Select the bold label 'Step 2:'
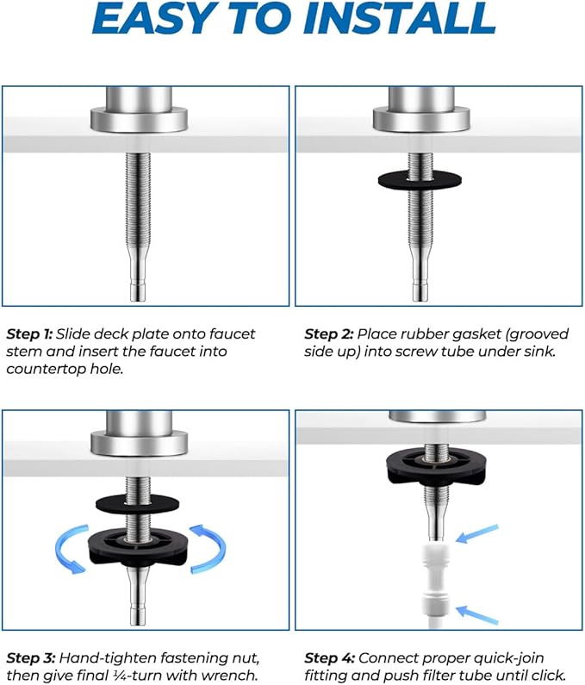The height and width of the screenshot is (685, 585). pos(327,333)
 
